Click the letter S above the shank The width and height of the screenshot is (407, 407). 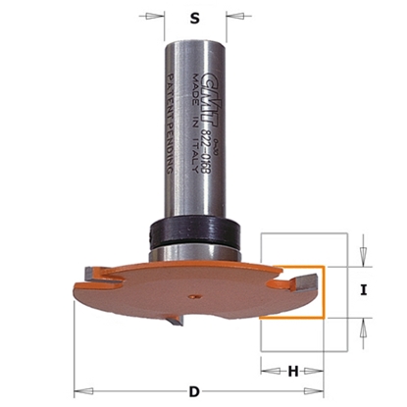[195, 17]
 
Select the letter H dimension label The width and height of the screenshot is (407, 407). [292, 370]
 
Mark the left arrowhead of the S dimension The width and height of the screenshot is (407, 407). [157, 16]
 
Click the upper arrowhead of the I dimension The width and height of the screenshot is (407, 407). [363, 258]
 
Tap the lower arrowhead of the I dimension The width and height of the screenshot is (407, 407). [363, 325]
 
